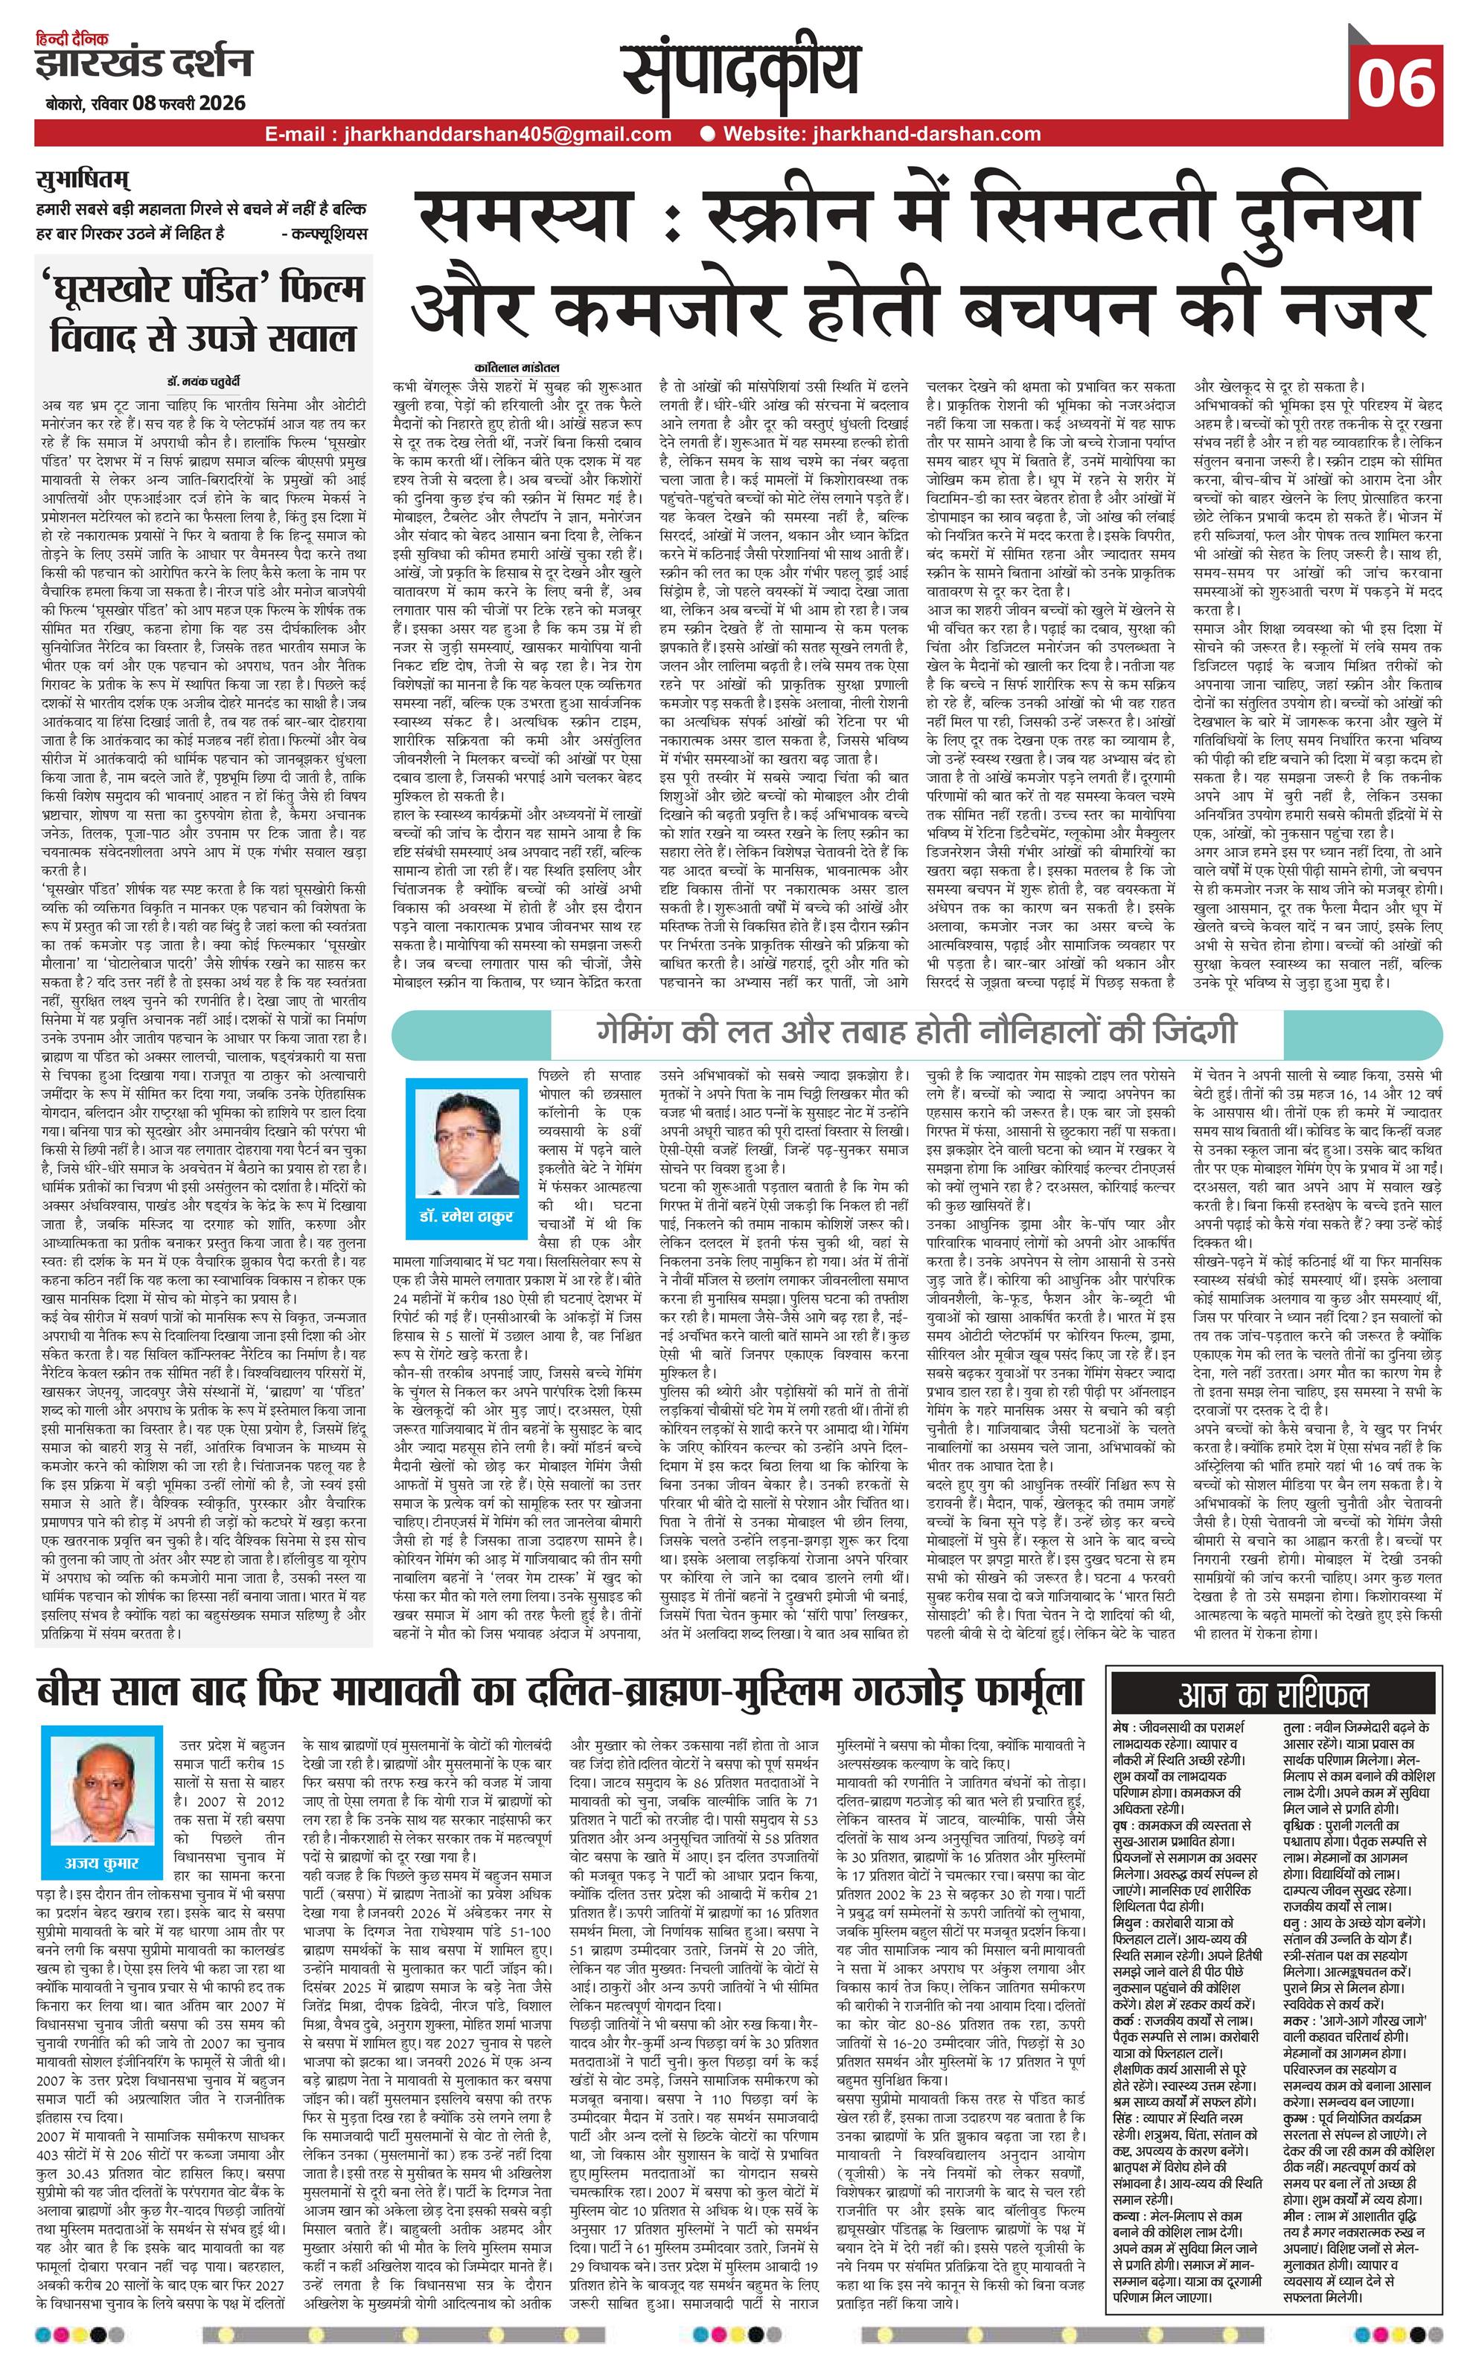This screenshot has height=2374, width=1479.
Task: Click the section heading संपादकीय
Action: pyautogui.click(x=741, y=74)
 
